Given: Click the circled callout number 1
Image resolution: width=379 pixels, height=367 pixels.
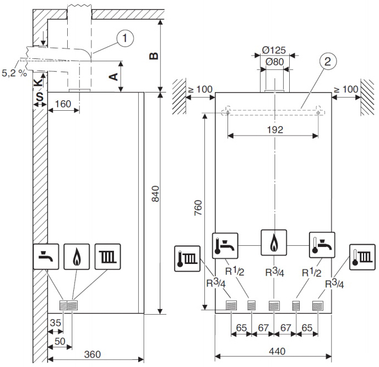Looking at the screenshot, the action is (x=125, y=38).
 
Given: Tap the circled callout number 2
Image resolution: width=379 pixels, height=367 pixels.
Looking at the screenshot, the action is (x=328, y=61).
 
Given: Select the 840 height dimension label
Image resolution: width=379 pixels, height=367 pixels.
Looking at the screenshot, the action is (x=156, y=193).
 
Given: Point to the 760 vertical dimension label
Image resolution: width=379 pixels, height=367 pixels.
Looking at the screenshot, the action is (x=198, y=208).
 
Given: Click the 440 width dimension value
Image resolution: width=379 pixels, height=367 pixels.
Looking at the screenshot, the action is (x=277, y=351).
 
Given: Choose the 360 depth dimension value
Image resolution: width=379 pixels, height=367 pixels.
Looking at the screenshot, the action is (x=93, y=354).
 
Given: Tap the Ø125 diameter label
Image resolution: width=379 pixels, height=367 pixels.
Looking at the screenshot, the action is (x=274, y=50).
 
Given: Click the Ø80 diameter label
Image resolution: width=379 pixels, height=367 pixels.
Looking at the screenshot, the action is (x=274, y=62).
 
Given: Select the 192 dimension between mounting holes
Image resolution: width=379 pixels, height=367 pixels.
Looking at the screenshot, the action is (x=275, y=130).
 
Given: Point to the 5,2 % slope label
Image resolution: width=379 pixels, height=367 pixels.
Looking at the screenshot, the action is (x=14, y=73).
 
